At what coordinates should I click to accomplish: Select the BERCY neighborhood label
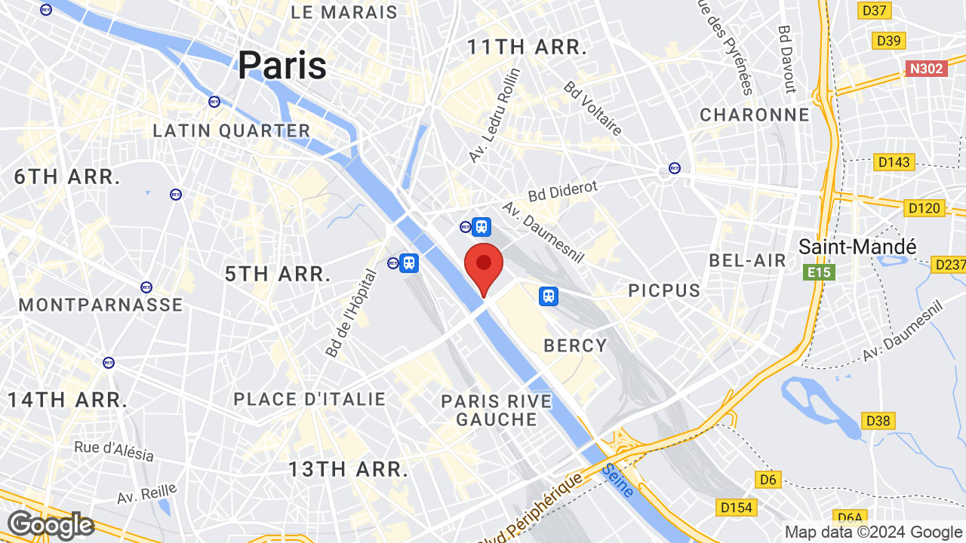(x=576, y=345)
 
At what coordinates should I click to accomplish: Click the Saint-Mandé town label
(x=857, y=247)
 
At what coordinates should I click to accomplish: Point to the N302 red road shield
(x=926, y=69)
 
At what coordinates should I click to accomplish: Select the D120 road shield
(x=924, y=207)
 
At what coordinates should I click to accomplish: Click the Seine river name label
(x=618, y=480)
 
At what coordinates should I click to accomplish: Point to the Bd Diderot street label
(x=562, y=191)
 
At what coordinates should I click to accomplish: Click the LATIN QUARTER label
(x=232, y=130)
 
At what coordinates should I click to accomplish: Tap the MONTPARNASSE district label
(x=101, y=305)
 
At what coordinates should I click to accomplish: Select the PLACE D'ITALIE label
(x=309, y=399)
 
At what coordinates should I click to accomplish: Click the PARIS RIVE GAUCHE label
(x=497, y=410)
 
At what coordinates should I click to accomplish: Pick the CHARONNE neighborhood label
(x=755, y=115)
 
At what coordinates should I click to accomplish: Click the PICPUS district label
(x=664, y=290)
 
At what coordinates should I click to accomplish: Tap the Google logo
(x=50, y=525)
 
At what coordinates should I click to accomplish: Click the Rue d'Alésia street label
(x=114, y=451)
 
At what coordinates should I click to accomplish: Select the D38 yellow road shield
(x=878, y=420)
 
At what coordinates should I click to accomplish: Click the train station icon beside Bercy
(x=549, y=296)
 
